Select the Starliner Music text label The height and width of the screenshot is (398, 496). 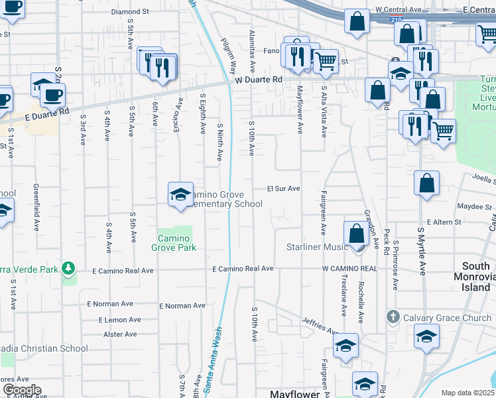pyautogui.click(x=317, y=247)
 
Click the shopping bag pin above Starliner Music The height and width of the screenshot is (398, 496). pyautogui.click(x=357, y=234)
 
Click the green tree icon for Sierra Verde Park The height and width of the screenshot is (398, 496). pyautogui.click(x=67, y=269)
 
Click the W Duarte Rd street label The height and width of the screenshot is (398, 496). pyautogui.click(x=259, y=79)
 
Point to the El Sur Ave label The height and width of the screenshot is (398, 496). pyautogui.click(x=284, y=188)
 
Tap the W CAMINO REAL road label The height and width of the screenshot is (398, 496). pyautogui.click(x=349, y=269)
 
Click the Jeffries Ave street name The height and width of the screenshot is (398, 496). pyautogui.click(x=320, y=324)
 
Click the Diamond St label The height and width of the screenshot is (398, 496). pyautogui.click(x=130, y=12)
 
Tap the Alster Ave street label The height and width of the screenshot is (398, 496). pyautogui.click(x=121, y=334)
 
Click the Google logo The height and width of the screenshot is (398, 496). pyautogui.click(x=21, y=390)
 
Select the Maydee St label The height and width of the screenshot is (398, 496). pyautogui.click(x=477, y=206)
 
